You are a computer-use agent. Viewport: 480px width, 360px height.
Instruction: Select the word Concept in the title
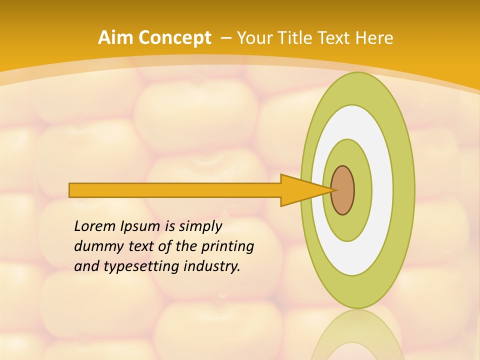click(x=174, y=38)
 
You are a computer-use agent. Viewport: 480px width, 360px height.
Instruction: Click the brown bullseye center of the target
click(x=343, y=190)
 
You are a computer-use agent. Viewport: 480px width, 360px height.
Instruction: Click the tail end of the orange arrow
click(x=71, y=190)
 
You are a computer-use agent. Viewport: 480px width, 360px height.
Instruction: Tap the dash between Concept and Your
click(x=225, y=38)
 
